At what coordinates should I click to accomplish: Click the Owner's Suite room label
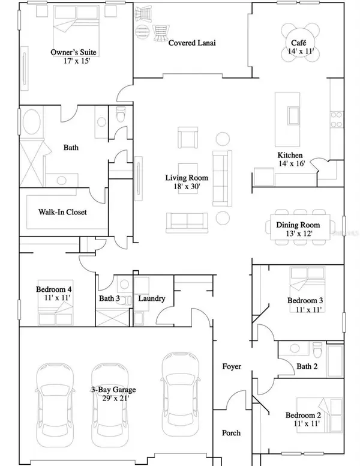pos(74,52)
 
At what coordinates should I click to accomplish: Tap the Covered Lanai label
pos(192,43)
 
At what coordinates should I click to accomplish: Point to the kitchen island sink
pos(294,115)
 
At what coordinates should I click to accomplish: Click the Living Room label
pos(187,178)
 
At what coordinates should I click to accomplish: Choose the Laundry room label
pos(151,298)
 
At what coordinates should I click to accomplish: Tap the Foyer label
pos(232,366)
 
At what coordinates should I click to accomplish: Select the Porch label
pos(231,432)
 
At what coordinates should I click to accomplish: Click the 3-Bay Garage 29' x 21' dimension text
pos(110,398)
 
